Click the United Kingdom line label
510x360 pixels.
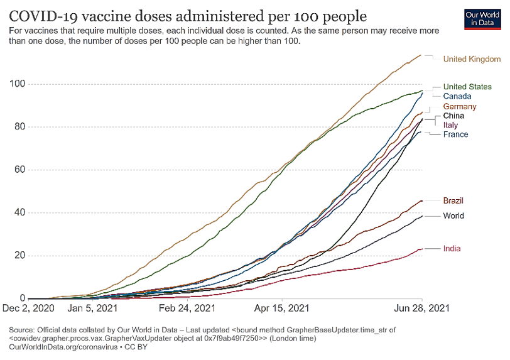pyautogui.click(x=472, y=59)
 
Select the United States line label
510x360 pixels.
pyautogui.click(x=467, y=87)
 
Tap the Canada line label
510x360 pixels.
pyautogui.click(x=457, y=96)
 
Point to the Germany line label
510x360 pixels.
pyautogui.click(x=460, y=107)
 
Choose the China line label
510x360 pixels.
pyautogui.click(x=454, y=116)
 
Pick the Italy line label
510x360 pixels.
pyautogui.click(x=451, y=126)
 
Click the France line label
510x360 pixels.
pyautogui.click(x=455, y=134)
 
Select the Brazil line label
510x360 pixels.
pyautogui.click(x=453, y=201)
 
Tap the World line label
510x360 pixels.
pyautogui.click(x=453, y=216)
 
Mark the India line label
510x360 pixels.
pyautogui.click(x=452, y=249)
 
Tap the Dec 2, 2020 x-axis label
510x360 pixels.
pyautogui.click(x=28, y=308)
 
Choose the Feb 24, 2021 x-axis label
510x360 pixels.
pyautogui.click(x=187, y=308)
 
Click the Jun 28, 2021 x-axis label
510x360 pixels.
pyautogui.click(x=423, y=308)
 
